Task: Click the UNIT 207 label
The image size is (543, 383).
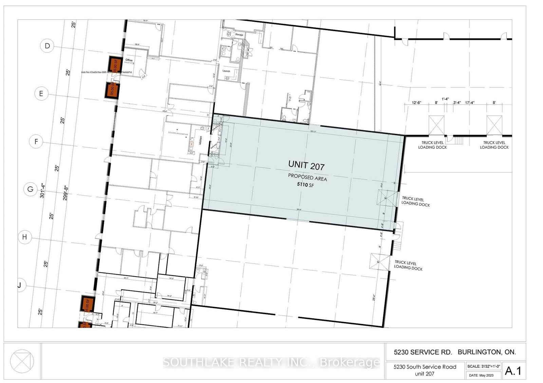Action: click(x=306, y=165)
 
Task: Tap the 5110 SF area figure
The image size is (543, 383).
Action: click(x=305, y=184)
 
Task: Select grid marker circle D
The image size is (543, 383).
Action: click(x=47, y=46)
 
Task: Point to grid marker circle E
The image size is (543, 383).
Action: click(x=41, y=94)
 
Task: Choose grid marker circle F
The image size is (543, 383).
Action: click(x=36, y=141)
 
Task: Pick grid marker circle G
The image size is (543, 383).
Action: click(x=30, y=189)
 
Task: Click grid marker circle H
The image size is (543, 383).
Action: click(x=24, y=237)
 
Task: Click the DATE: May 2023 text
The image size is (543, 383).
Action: click(x=481, y=375)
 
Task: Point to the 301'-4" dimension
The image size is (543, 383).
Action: click(x=42, y=190)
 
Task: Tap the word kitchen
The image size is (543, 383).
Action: click(x=201, y=140)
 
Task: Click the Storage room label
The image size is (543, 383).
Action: click(x=239, y=35)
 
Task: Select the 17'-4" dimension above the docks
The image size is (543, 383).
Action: click(x=470, y=102)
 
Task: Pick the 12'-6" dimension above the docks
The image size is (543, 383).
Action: click(x=416, y=102)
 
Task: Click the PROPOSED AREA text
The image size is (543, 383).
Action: click(x=307, y=177)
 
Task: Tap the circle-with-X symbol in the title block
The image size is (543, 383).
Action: click(x=22, y=361)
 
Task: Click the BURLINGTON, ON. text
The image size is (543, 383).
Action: click(x=487, y=352)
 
